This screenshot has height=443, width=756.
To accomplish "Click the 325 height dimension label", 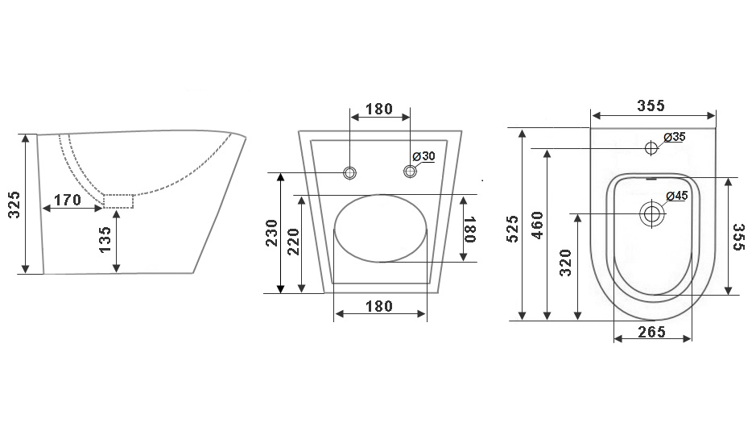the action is tap(15, 205).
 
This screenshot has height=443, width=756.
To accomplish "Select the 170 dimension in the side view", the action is tap(68, 199).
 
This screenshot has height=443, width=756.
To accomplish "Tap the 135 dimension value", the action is tap(105, 239).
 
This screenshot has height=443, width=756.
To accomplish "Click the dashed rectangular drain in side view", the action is tap(118, 201).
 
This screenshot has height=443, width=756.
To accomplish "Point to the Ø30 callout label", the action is tap(423, 156).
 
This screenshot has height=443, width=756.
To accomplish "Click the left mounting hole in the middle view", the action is tap(349, 172).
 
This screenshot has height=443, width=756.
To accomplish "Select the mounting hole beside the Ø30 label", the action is tap(411, 171).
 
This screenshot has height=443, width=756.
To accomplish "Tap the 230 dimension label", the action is tap(272, 233).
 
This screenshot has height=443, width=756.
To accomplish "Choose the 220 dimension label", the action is tap(293, 242).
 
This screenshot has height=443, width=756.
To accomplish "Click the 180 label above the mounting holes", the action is tap(379, 109).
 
